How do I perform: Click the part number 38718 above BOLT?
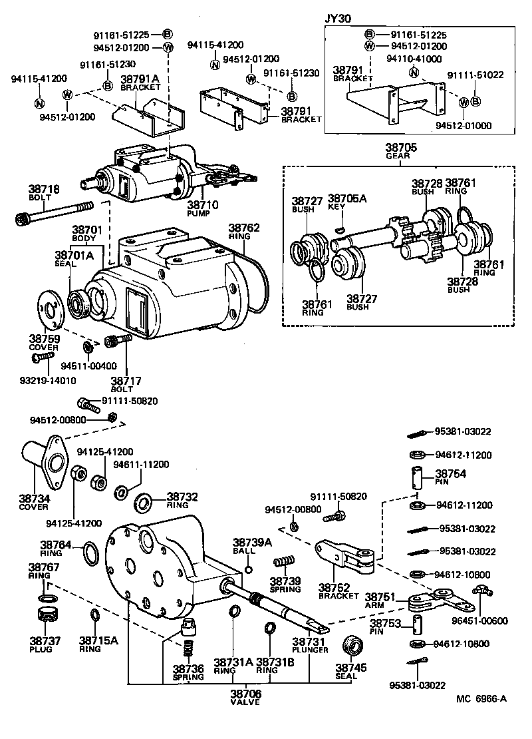click(44, 189)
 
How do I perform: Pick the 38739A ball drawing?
click(248, 569)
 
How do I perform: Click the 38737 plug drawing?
click(45, 613)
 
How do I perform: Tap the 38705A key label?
click(343, 202)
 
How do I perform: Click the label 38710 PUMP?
click(202, 209)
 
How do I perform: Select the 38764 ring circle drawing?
click(90, 552)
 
